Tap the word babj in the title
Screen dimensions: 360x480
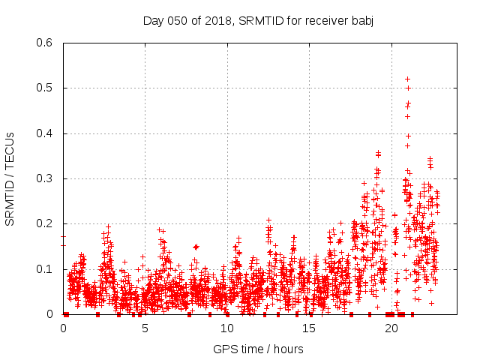[x=361, y=20]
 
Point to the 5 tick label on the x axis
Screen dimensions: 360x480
[x=145, y=328]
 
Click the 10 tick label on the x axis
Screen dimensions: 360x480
[x=227, y=328]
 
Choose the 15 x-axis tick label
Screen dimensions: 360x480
[x=309, y=328]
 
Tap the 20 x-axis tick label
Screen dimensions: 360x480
[x=391, y=328]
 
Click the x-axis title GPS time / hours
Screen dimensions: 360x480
[x=258, y=349]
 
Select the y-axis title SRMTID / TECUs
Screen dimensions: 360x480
[x=10, y=178]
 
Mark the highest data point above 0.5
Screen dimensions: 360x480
[x=407, y=79]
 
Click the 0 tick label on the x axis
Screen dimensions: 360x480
[x=64, y=328]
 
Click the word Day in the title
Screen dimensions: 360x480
[x=153, y=20]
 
